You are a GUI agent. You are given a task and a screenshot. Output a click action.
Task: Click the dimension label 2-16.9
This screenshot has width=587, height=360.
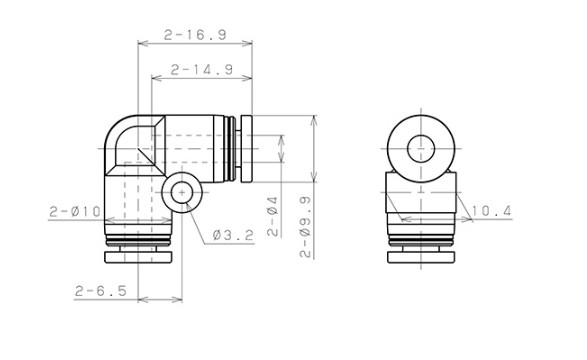click(195, 35)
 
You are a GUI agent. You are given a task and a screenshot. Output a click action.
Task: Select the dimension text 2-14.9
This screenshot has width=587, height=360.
click(202, 70)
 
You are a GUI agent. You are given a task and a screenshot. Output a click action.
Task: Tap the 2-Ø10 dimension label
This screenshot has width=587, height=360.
click(75, 212)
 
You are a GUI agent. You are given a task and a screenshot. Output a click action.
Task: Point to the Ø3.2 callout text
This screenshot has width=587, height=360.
click(233, 235)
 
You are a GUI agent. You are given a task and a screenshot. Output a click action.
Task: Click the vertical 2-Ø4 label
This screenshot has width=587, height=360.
click(273, 217)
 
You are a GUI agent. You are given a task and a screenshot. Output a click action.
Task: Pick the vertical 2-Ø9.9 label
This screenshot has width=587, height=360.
click(306, 227)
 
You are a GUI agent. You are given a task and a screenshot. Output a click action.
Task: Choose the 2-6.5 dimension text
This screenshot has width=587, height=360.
click(101, 291)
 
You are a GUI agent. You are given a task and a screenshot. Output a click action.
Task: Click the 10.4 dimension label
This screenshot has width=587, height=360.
click(491, 211)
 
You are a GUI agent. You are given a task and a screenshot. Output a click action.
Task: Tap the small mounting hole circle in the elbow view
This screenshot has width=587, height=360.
click(182, 193)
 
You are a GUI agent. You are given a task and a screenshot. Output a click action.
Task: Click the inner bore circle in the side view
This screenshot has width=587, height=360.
click(421, 149)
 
